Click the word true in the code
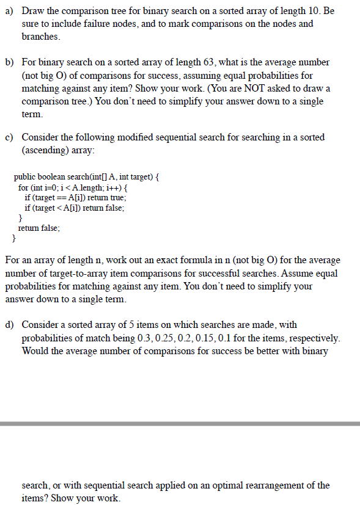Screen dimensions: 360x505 tap(117, 197)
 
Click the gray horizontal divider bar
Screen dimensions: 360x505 tap(180, 423)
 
